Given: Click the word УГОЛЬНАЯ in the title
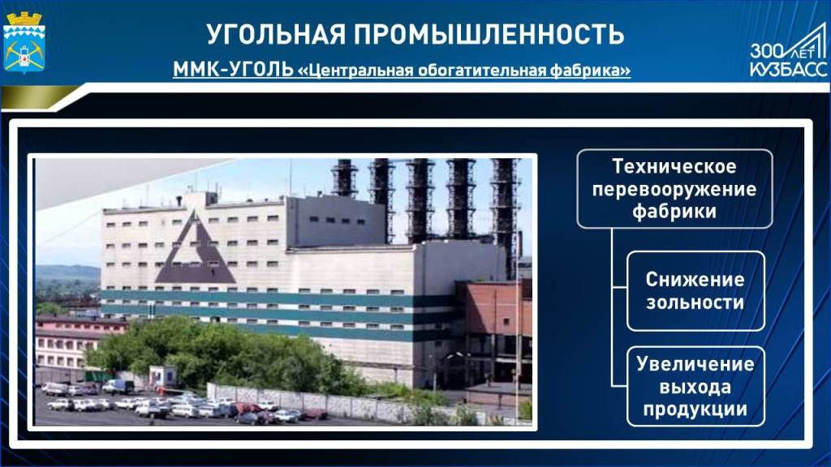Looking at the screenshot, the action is pyautogui.click(x=276, y=33).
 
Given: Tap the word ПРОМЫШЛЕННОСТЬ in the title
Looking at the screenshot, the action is pyautogui.click(x=489, y=33).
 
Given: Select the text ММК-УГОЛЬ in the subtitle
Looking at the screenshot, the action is pyautogui.click(x=233, y=70).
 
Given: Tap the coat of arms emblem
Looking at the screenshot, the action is pyautogui.click(x=24, y=42).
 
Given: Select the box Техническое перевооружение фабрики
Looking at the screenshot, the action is pyautogui.click(x=674, y=189).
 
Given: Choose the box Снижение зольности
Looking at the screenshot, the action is pyautogui.click(x=695, y=291).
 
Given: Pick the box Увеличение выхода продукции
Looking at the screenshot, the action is pyautogui.click(x=695, y=387).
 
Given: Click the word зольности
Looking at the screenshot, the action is pyautogui.click(x=695, y=303).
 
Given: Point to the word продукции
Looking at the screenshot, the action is pyautogui.click(x=695, y=409).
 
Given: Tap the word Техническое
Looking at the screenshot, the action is pyautogui.click(x=674, y=167).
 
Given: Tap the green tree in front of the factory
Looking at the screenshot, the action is pyautogui.click(x=222, y=352).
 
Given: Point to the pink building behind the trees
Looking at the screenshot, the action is pyautogui.click(x=67, y=341).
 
